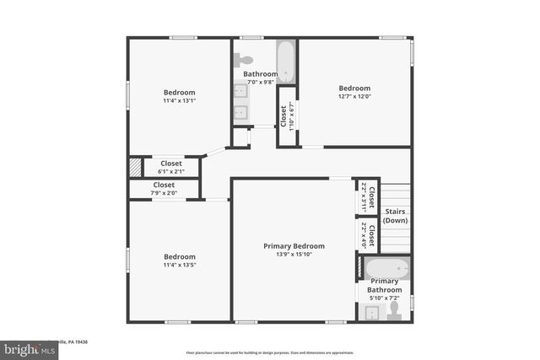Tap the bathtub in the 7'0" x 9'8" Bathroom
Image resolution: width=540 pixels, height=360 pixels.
pos(287,60)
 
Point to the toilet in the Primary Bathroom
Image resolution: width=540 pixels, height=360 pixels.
pos(393,312)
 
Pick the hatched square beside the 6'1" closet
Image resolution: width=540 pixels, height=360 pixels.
pos(135,167)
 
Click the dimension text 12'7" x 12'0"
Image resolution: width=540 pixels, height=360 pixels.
pos(354,96)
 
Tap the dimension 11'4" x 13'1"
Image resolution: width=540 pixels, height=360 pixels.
pos(179,100)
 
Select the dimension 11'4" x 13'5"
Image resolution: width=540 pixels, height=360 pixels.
pos(179,265)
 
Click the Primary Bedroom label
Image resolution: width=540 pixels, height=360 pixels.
pos(294,246)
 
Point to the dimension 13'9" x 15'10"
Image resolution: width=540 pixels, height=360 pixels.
pos(294,255)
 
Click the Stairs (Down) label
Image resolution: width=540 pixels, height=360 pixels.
pos(395,216)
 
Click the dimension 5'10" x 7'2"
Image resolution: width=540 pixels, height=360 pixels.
pos(384,298)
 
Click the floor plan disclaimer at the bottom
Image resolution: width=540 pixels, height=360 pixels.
pos(270,352)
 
